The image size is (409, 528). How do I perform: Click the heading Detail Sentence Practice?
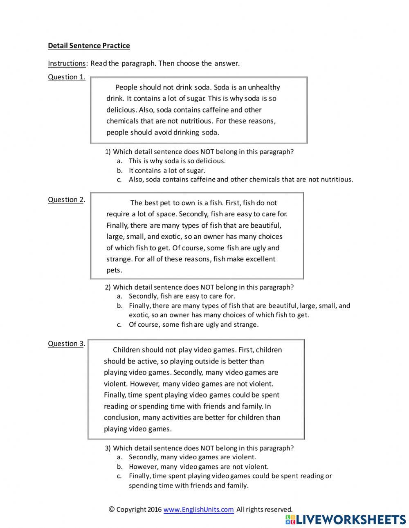pyautogui.click(x=89, y=46)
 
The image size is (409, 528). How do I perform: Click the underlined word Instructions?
pyautogui.click(x=67, y=63)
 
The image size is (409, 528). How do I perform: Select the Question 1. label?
pyautogui.click(x=66, y=77)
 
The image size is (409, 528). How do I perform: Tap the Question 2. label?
pyautogui.click(x=66, y=200)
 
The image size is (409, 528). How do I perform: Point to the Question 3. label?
pyautogui.click(x=66, y=344)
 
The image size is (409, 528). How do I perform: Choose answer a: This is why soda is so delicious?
pyautogui.click(x=177, y=161)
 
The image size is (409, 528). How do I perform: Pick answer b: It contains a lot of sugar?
pyautogui.click(x=167, y=171)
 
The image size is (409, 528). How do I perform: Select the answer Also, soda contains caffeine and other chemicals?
pyautogui.click(x=240, y=179)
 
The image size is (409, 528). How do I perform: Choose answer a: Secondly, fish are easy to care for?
pyautogui.click(x=182, y=296)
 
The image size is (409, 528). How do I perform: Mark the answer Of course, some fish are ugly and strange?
pyautogui.click(x=193, y=324)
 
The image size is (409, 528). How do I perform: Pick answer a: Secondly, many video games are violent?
pyautogui.click(x=192, y=457)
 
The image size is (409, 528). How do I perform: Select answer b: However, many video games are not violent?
pyautogui.click(x=198, y=466)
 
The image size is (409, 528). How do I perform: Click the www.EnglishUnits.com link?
pyautogui.click(x=198, y=510)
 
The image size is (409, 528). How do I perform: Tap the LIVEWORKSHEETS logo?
pyautogui.click(x=346, y=519)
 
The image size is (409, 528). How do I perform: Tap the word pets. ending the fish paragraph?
pyautogui.click(x=114, y=270)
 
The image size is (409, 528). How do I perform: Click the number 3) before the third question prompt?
pyautogui.click(x=108, y=448)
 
